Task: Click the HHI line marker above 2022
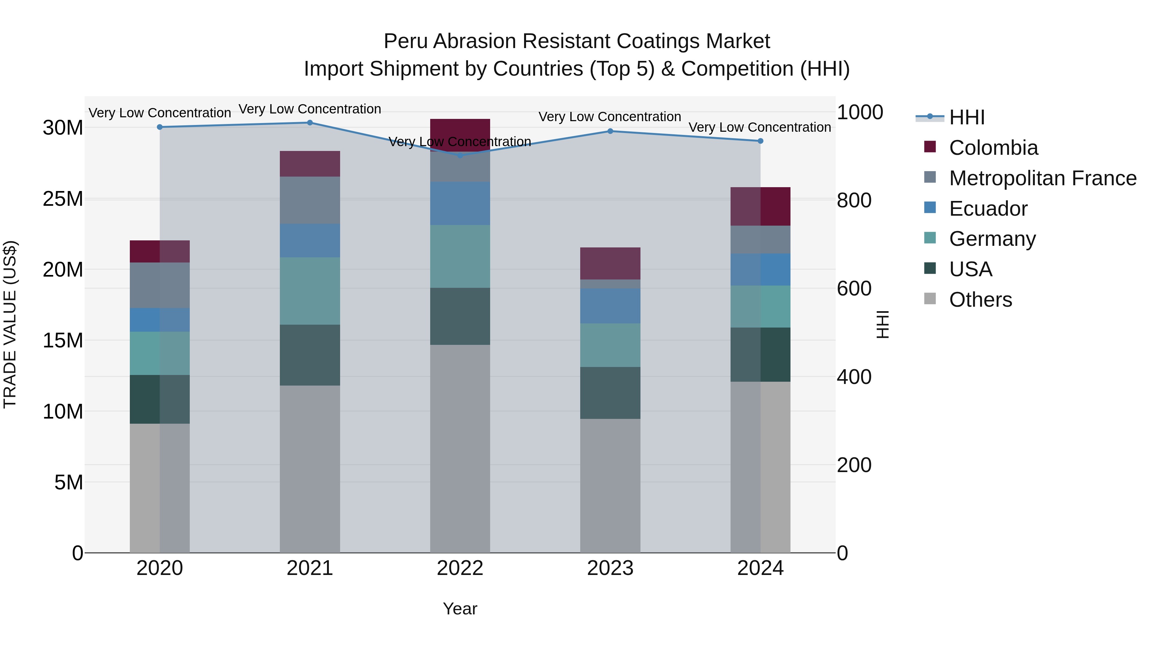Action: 460,155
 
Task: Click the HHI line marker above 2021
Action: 310,123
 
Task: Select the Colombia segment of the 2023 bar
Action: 610,263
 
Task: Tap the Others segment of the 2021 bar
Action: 310,469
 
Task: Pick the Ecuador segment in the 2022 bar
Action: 460,203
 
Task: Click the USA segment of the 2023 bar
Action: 610,393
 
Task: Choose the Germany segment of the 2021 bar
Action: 310,291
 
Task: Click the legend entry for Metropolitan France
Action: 1042,178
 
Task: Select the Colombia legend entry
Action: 993,148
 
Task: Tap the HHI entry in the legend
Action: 967,117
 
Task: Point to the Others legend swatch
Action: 930,299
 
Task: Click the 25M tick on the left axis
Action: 63,199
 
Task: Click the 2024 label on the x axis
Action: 760,568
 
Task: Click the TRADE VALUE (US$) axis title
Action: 10,324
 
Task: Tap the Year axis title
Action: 460,609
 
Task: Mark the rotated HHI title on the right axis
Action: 882,324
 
